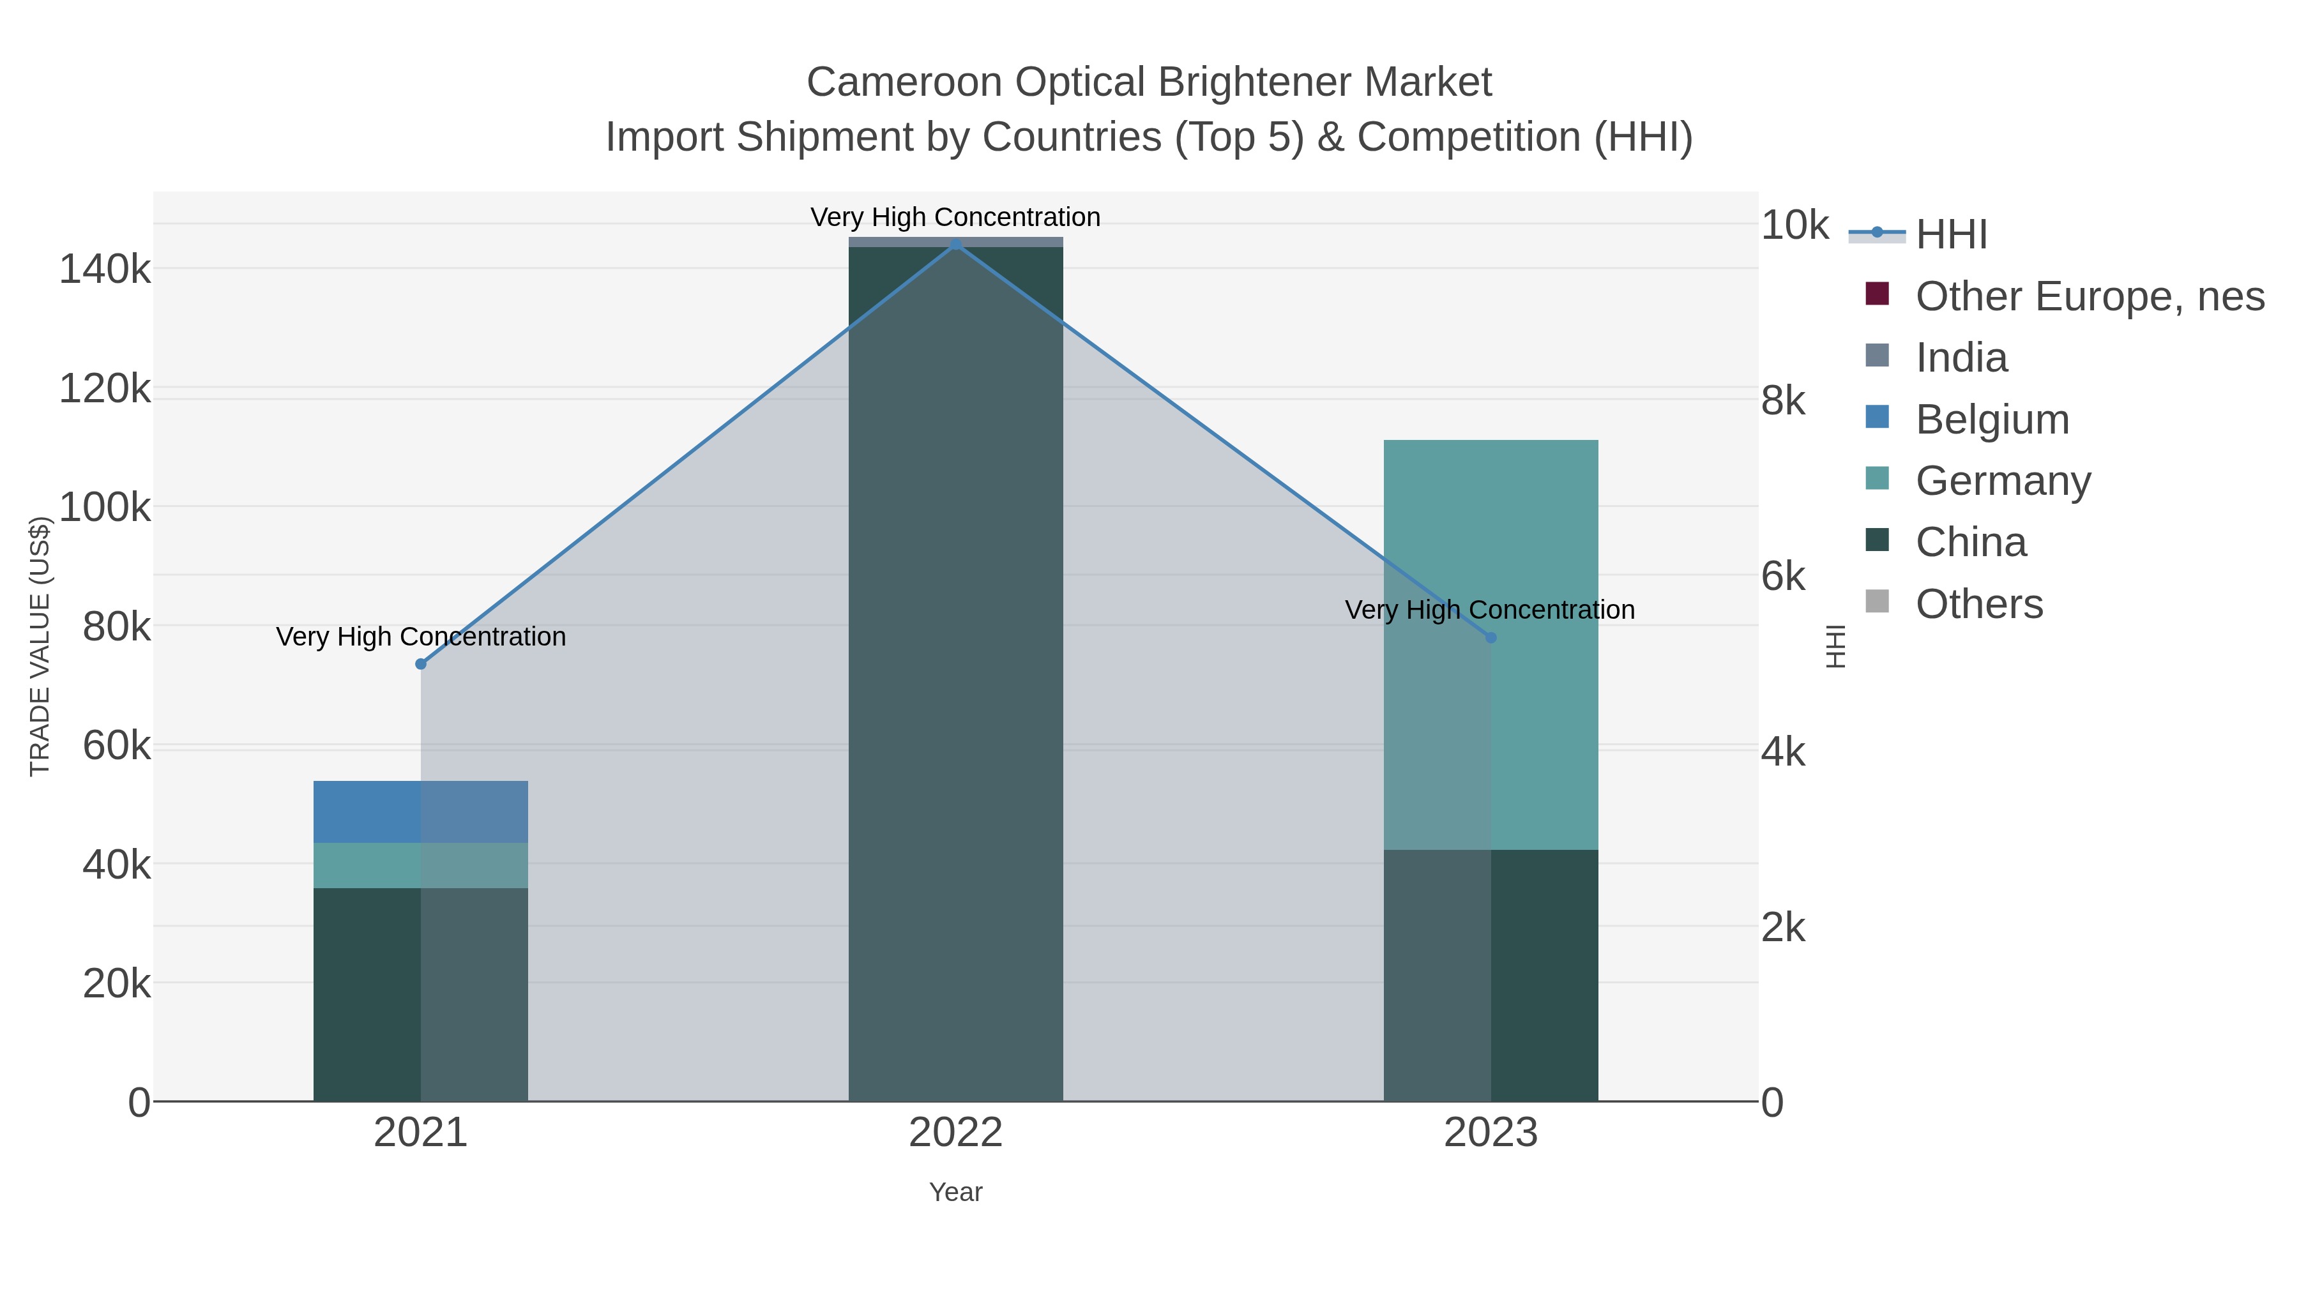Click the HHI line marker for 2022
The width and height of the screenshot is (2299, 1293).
click(x=956, y=244)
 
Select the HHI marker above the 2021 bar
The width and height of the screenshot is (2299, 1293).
click(x=420, y=664)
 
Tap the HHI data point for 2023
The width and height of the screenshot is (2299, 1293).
click(x=1491, y=637)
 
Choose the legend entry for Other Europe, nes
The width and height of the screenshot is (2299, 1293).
click(x=2088, y=296)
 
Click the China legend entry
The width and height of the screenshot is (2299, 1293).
click(x=1971, y=541)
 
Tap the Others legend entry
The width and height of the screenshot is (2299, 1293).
click(x=1978, y=604)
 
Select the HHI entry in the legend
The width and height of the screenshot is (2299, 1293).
click(x=1951, y=235)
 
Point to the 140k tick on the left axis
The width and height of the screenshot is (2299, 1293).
click(x=105, y=269)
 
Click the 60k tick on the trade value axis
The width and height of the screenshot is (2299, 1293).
click(x=117, y=745)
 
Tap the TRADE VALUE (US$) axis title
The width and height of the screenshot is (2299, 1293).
click(x=40, y=646)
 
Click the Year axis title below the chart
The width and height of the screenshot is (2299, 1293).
click(x=956, y=1192)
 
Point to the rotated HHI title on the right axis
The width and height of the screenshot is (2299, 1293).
click(x=1835, y=646)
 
